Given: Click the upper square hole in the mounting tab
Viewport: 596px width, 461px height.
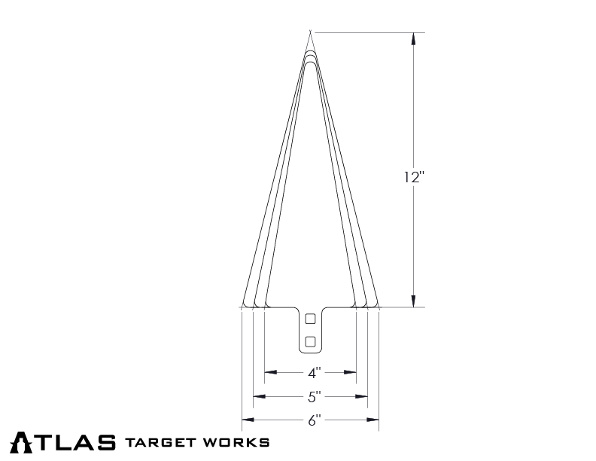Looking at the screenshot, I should (x=309, y=319).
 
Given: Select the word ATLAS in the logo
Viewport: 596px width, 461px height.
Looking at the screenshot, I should (x=65, y=441).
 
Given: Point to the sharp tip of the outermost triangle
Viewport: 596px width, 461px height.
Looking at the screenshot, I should (x=309, y=32).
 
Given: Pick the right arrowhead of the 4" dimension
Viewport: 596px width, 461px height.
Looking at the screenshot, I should (x=351, y=372).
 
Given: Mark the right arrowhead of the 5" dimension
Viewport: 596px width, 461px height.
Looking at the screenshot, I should (x=363, y=395).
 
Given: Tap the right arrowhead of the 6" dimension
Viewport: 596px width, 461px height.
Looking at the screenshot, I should (x=374, y=420).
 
